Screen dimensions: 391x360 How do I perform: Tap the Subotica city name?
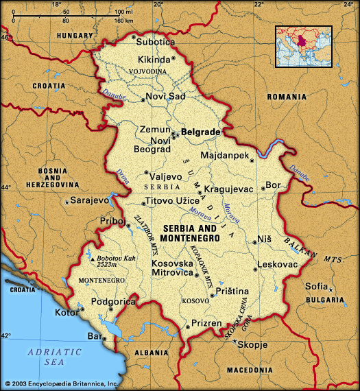(155, 42)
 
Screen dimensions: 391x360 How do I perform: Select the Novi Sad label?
(166, 97)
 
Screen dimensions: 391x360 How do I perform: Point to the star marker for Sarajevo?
(67, 202)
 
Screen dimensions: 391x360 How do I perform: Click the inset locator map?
(304, 47)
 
